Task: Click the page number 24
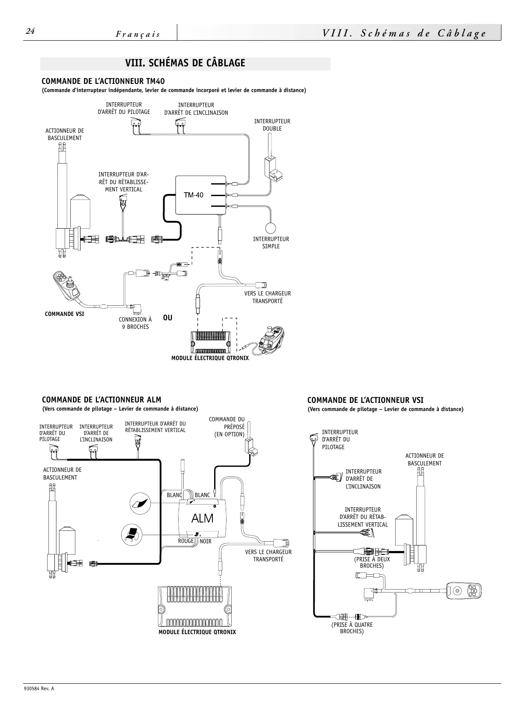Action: [x=30, y=31]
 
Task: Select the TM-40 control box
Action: [x=200, y=195]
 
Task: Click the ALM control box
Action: [x=203, y=518]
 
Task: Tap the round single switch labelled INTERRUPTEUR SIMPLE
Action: [x=271, y=228]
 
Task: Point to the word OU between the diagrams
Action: [x=168, y=318]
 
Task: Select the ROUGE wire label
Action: [x=186, y=541]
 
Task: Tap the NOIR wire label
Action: [x=206, y=542]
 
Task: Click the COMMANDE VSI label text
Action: [x=64, y=314]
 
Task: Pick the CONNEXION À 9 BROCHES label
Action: [x=135, y=323]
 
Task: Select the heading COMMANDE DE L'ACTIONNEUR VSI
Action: [x=365, y=400]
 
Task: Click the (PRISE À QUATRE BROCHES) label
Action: [x=352, y=628]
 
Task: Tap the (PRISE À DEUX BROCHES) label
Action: [x=372, y=562]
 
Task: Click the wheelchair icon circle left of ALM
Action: [x=131, y=535]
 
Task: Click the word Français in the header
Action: [x=138, y=34]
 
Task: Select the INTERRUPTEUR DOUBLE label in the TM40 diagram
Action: [x=272, y=125]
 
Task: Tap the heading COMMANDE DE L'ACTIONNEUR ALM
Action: [x=101, y=400]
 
